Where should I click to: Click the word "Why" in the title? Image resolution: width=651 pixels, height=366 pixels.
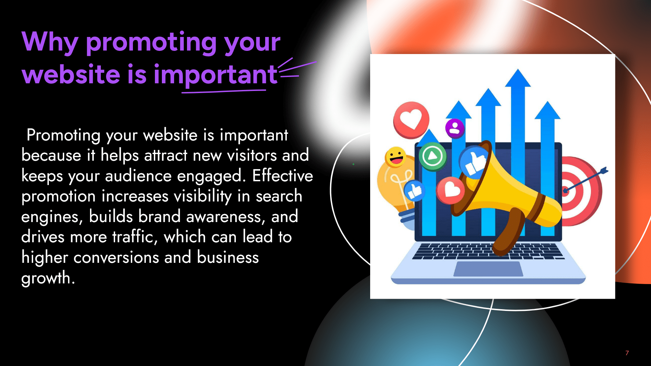coord(50,42)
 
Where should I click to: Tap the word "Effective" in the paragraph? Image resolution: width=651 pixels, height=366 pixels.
coord(283,176)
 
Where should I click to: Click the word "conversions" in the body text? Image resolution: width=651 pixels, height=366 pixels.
coord(116,258)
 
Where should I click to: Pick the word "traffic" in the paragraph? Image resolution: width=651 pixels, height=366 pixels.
coord(132,237)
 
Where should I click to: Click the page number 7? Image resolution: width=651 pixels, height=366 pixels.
coord(627,353)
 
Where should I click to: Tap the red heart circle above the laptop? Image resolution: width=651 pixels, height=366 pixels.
coord(411,120)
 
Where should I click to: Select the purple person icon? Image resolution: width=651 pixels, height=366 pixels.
coord(455,128)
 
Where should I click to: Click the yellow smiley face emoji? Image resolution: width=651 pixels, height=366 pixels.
coord(395,157)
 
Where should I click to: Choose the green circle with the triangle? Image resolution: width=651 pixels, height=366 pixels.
coord(433,156)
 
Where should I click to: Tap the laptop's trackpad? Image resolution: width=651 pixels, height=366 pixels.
coord(488,269)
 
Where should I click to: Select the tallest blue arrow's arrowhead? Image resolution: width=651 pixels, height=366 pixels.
coord(518,78)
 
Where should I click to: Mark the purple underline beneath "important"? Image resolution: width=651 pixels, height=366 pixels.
coord(224,91)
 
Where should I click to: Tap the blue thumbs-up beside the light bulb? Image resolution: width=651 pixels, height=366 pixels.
coord(414,191)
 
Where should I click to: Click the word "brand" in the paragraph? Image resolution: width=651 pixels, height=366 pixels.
coord(159,216)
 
